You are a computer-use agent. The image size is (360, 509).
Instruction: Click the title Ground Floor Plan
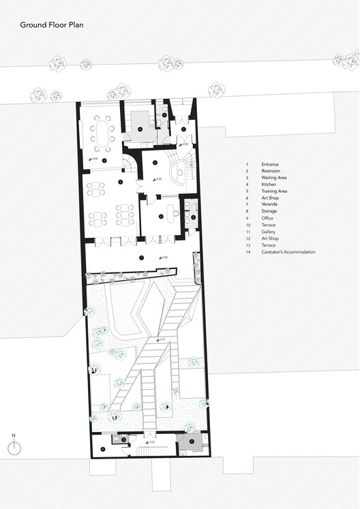[50, 25]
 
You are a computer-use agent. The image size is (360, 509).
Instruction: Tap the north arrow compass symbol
[14, 446]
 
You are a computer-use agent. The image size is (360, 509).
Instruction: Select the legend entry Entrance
[270, 164]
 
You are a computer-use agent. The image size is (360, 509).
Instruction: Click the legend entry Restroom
[271, 171]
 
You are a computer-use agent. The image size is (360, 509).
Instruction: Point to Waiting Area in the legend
[274, 178]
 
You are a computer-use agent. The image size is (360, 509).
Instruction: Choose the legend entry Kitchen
[269, 185]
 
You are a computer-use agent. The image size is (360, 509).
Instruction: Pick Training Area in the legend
[274, 191]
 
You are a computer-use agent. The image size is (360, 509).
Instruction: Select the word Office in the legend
[268, 218]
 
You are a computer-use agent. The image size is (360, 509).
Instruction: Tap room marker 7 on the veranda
[141, 258]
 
